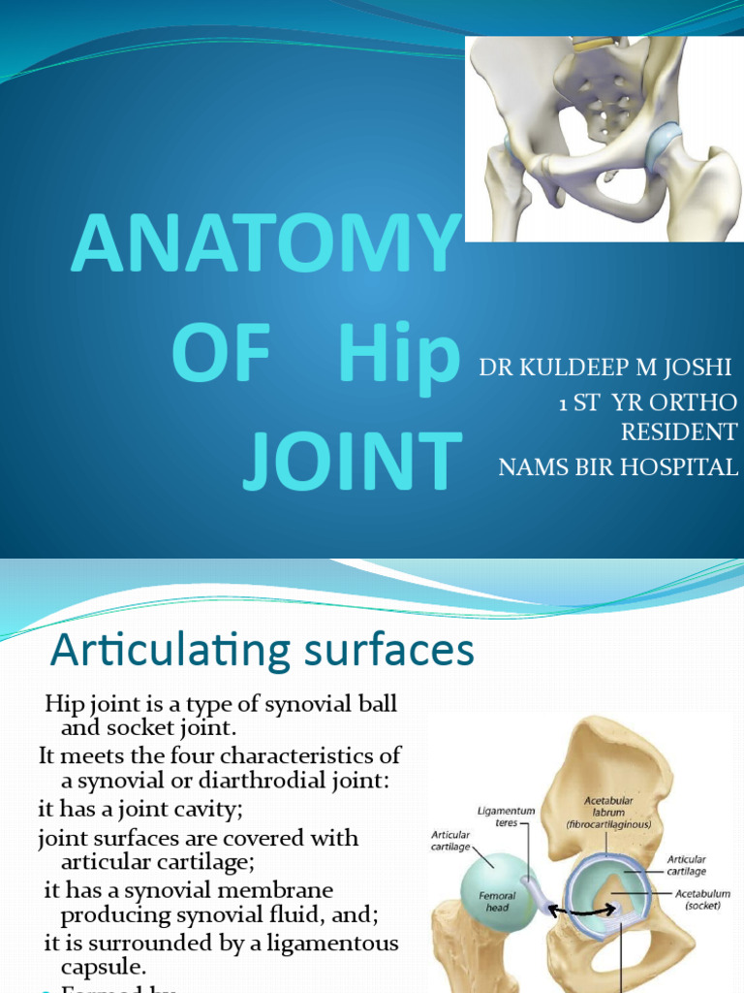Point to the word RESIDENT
coord(677,432)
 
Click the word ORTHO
coord(698,401)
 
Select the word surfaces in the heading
coord(395,652)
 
